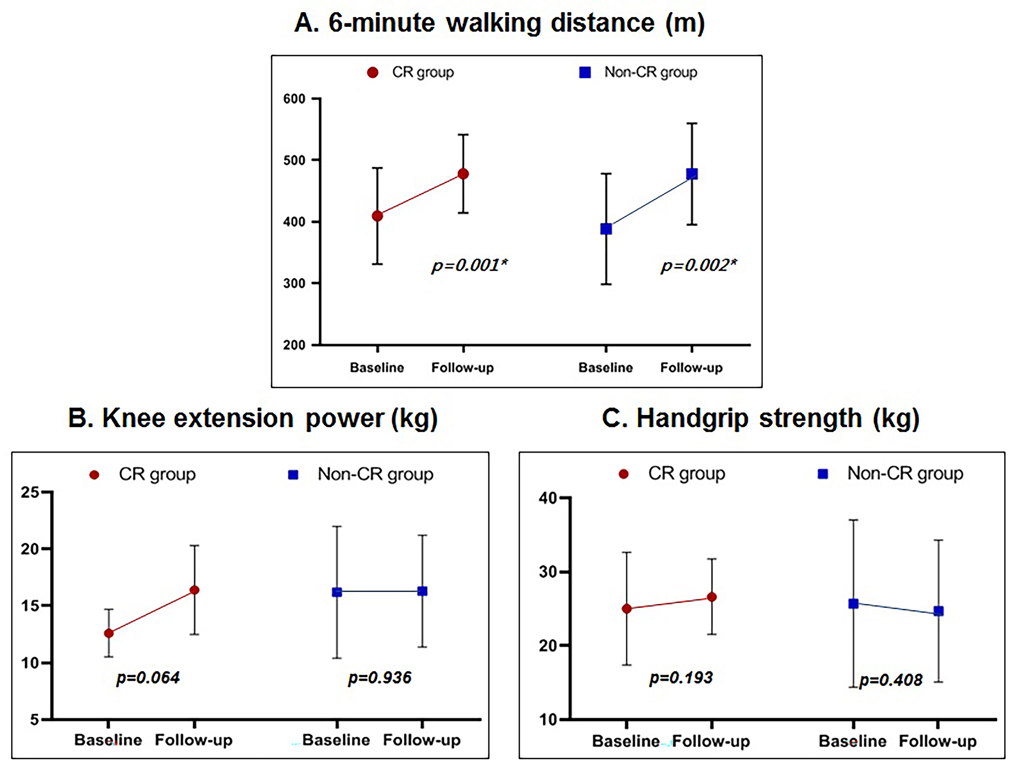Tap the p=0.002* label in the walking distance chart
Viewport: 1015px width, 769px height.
point(698,265)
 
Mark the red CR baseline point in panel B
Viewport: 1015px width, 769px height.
point(109,633)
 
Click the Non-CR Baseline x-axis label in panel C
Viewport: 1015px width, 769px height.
point(853,741)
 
